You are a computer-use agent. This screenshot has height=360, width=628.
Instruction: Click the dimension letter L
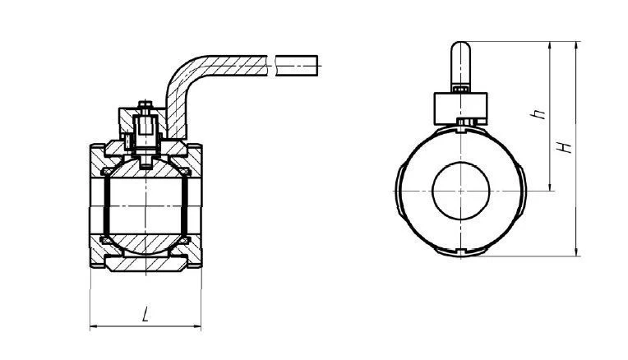[x=145, y=315]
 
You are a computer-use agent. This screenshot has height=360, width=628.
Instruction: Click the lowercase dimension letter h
[x=538, y=115]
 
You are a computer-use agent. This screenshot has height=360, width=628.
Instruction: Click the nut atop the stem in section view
[x=145, y=104]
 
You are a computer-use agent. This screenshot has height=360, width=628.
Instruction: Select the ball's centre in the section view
[x=145, y=203]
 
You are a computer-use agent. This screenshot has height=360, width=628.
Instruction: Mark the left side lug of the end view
[x=400, y=190]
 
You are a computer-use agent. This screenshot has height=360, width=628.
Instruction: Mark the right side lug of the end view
[x=524, y=190]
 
